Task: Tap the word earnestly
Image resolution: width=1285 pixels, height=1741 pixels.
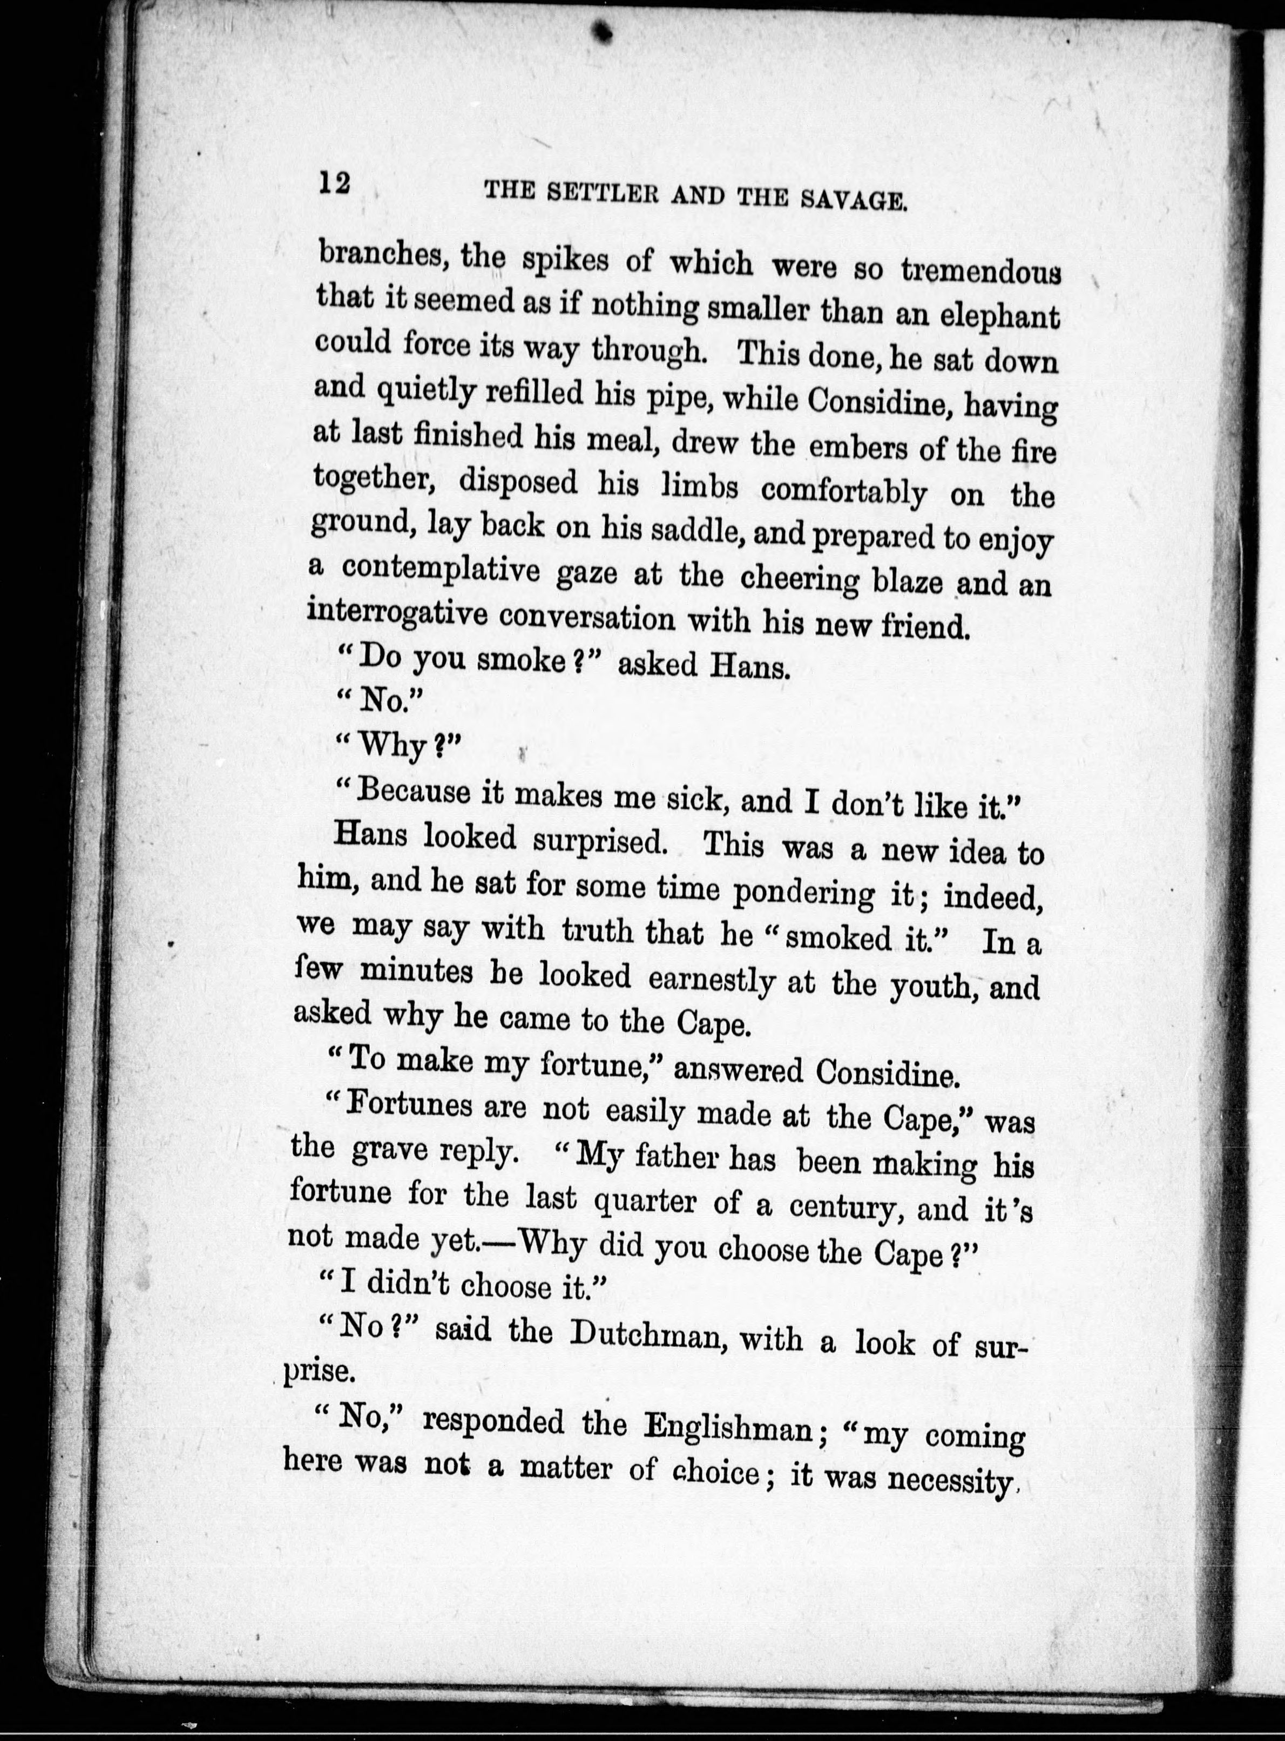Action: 711,980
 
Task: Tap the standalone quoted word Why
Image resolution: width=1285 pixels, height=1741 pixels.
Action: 394,747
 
